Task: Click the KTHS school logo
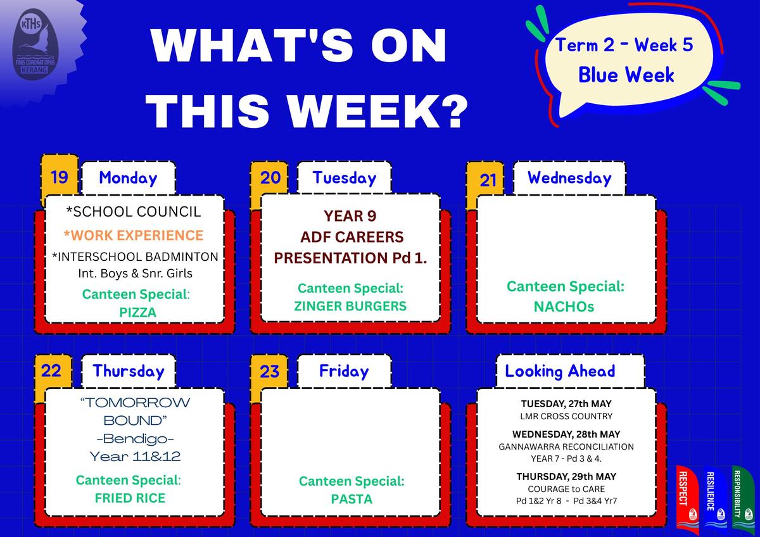point(35,45)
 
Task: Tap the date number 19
point(60,177)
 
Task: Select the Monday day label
point(128,178)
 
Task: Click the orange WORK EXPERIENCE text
point(134,235)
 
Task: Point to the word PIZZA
point(138,312)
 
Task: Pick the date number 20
point(270,177)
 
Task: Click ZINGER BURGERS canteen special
point(350,306)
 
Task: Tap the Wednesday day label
point(569,178)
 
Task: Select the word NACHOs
point(564,306)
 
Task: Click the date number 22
point(51,370)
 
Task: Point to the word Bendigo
point(136,439)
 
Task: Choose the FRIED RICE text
point(130,498)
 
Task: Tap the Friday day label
point(344,371)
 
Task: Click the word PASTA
point(352,499)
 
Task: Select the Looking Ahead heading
point(560,371)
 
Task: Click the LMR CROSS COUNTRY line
point(566,416)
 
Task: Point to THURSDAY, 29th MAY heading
point(566,477)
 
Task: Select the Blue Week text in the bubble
point(626,75)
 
